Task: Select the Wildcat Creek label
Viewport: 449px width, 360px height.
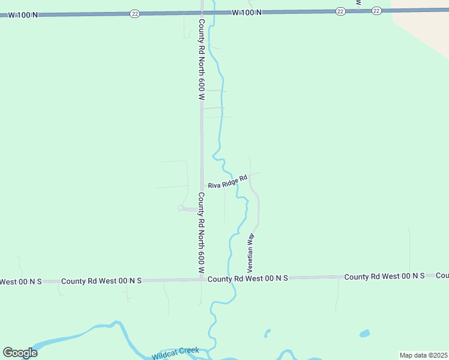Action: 175,352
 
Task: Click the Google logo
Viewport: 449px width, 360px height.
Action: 20,353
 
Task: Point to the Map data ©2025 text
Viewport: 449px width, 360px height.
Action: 423,355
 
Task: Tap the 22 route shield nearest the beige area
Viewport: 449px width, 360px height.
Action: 376,10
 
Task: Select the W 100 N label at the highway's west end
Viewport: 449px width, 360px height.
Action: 19,15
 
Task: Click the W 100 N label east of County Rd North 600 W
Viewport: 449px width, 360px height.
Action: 246,12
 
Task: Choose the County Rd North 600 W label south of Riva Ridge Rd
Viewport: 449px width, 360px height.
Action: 202,234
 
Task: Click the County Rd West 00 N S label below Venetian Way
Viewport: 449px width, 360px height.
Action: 248,278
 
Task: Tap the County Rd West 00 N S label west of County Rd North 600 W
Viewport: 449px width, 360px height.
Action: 101,281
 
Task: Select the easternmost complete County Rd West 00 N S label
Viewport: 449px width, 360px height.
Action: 384,276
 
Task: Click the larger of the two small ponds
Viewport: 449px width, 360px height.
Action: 364,333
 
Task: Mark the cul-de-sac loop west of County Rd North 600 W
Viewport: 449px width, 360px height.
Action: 181,208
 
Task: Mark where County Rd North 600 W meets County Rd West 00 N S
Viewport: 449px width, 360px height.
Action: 202,280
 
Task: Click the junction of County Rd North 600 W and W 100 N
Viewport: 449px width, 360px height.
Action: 202,13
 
